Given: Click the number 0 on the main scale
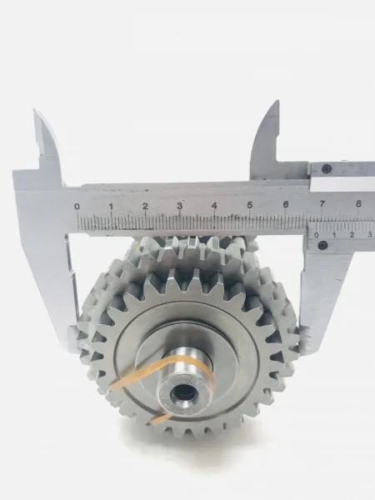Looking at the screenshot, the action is point(77,207).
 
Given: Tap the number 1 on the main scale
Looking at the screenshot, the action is point(111,207).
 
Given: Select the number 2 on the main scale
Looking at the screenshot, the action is point(145,206).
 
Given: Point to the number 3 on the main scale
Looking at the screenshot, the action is point(180,206).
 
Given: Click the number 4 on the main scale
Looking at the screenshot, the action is point(214,205).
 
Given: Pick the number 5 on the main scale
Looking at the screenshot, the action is point(250,205).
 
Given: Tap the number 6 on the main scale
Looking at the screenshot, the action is point(286,204).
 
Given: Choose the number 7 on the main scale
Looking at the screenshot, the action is point(322,203).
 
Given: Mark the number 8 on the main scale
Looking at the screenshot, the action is point(358,203).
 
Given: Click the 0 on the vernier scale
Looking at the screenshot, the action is point(317,235).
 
